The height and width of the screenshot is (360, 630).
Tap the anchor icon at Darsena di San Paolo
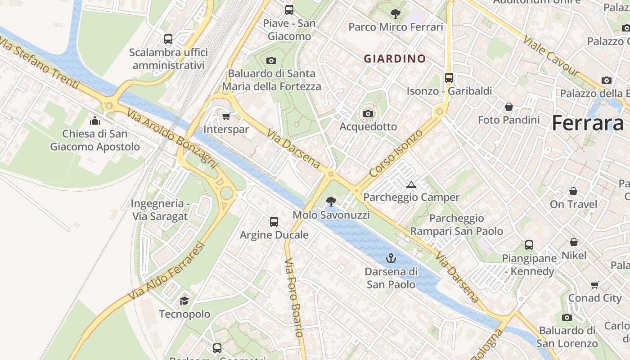391,258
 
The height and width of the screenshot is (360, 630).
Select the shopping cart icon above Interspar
226,116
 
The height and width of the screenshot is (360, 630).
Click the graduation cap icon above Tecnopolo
184,301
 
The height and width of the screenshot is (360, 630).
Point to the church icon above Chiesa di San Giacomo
95,121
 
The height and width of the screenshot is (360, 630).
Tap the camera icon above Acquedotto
368,113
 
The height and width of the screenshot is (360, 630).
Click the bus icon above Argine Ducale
274,221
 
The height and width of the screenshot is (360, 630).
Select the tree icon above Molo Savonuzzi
331,201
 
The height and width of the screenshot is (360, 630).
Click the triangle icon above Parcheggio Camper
411,184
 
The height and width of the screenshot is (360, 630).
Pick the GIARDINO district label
395,59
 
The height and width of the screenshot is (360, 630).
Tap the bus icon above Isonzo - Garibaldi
449,77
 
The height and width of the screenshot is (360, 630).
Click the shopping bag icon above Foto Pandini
508,107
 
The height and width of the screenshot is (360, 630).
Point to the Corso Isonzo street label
396,153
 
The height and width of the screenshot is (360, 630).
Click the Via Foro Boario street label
294,297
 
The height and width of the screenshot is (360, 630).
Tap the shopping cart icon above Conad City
594,285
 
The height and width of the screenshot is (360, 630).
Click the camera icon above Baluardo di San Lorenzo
567,317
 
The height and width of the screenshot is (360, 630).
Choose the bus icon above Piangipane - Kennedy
529,245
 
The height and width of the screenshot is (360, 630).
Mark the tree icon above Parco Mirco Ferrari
396,13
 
